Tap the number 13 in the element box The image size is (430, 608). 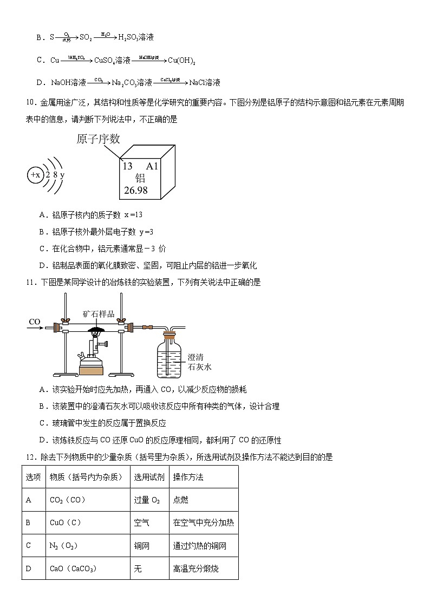tap(128, 166)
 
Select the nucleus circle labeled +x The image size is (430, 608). tap(35, 175)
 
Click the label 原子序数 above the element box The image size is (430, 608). tap(98, 139)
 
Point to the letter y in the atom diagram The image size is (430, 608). tap(62, 175)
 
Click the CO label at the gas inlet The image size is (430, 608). tap(35, 322)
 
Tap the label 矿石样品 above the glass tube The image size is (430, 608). tap(99, 314)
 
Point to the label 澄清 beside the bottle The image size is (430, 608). tap(196, 357)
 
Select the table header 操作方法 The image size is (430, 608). tap(188, 477)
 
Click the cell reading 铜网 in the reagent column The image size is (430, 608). tap(142, 546)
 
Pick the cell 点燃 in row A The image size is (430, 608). tap(180, 500)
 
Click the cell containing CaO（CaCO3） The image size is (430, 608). tap(73, 568)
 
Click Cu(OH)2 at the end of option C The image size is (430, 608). tap(181, 61)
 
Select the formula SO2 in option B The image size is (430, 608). tap(86, 37)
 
